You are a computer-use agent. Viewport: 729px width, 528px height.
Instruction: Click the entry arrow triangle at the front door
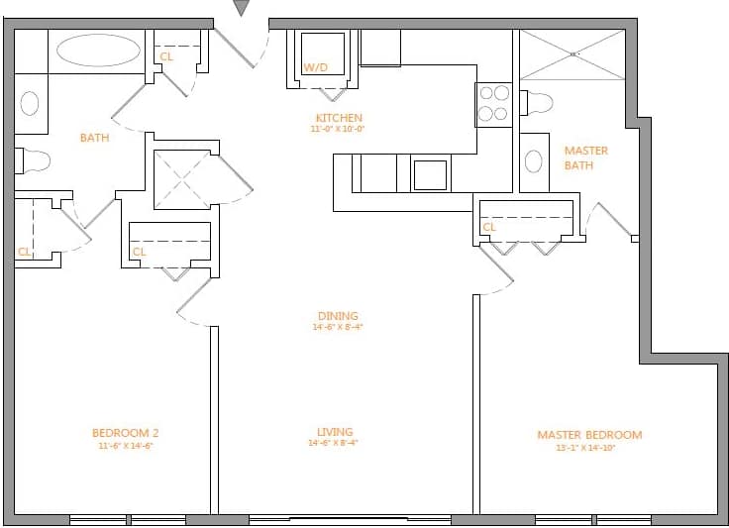242,8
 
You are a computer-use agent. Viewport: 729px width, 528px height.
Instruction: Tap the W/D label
315,68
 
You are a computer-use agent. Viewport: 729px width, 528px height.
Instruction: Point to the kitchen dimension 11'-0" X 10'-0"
339,129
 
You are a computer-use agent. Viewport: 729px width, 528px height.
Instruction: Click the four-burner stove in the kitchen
493,104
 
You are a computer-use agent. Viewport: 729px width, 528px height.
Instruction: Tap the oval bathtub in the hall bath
98,52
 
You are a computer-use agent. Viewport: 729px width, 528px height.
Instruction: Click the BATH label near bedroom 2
95,138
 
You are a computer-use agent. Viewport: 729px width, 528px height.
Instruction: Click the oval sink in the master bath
534,162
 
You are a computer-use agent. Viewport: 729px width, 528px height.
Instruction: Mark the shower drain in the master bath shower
573,53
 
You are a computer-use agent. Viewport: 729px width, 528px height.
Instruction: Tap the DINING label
338,316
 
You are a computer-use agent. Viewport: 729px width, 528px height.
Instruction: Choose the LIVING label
335,432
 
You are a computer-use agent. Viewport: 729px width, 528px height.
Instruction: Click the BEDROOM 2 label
125,433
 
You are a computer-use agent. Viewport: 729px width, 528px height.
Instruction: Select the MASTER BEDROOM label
589,435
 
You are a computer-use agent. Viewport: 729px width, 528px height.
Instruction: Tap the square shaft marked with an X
183,180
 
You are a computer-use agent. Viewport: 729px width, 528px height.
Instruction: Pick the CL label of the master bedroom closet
488,228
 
